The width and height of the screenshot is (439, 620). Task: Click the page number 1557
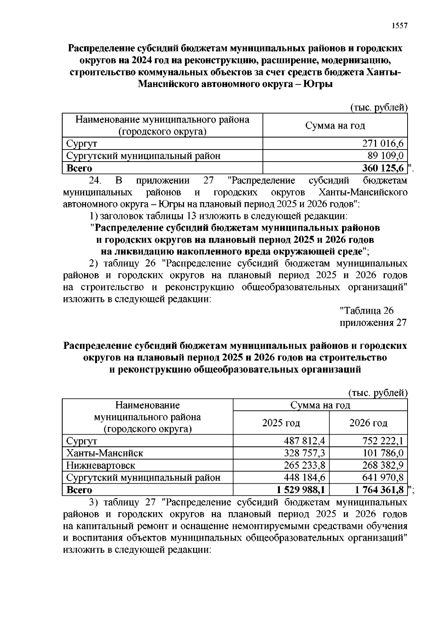tap(399, 26)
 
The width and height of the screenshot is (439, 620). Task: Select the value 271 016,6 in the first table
tap(383, 143)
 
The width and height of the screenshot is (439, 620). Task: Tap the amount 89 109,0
tap(385, 156)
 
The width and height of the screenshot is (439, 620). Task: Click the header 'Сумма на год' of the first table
tap(335, 126)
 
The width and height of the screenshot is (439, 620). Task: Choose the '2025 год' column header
tap(281, 423)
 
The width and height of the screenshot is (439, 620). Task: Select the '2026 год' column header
tap(368, 423)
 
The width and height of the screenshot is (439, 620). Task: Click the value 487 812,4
tap(304, 441)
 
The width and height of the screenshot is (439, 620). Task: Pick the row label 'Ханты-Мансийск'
tap(105, 453)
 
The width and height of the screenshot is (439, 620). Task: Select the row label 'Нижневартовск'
tap(101, 465)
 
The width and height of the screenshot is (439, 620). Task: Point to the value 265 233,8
tap(304, 465)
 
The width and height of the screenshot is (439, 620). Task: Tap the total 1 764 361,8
tap(379, 490)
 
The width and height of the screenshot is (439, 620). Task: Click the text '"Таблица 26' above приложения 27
tap(367, 311)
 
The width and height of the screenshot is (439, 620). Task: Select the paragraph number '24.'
tap(95, 181)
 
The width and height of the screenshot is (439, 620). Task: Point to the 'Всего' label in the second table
tap(79, 490)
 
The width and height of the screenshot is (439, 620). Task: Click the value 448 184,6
tap(304, 477)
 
